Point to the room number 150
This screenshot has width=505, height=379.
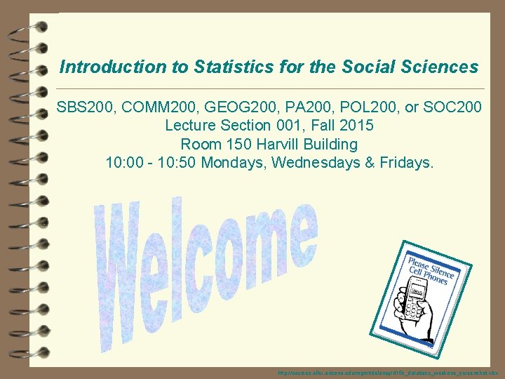click(x=228, y=145)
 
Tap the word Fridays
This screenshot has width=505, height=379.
click(x=408, y=164)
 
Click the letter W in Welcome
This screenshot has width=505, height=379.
click(x=123, y=281)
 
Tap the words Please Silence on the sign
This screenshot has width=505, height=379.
click(x=429, y=265)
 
